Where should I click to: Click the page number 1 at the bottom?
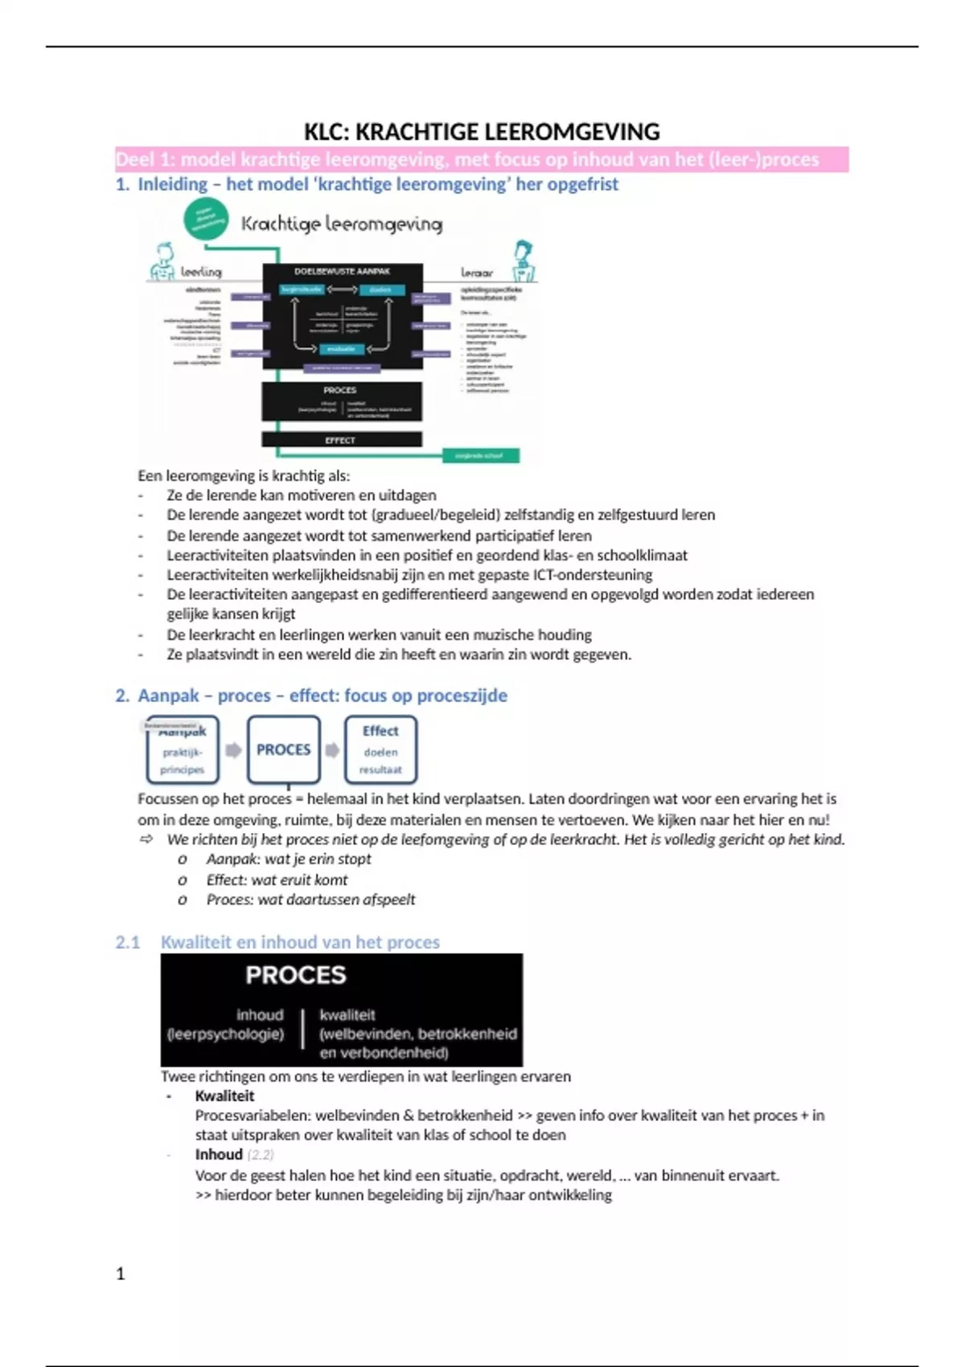(x=121, y=1273)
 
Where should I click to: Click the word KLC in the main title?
(x=326, y=132)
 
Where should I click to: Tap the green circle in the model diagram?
(x=206, y=220)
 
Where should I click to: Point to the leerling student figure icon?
(x=163, y=261)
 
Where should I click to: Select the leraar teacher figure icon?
(x=524, y=260)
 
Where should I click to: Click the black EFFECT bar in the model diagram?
(x=341, y=440)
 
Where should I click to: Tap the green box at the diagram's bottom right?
(x=480, y=456)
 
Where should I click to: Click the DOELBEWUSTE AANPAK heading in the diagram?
(x=342, y=272)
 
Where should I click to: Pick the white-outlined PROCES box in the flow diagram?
(x=283, y=749)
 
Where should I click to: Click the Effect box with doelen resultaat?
(x=380, y=749)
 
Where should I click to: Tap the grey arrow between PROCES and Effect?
(x=332, y=750)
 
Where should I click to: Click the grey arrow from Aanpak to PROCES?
(x=233, y=750)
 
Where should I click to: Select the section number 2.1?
(x=127, y=942)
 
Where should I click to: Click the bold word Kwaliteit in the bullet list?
(x=224, y=1095)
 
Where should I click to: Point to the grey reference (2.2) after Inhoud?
(x=261, y=1155)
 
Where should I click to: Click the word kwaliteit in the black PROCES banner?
(x=347, y=1015)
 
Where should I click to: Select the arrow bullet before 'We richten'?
(x=146, y=839)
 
